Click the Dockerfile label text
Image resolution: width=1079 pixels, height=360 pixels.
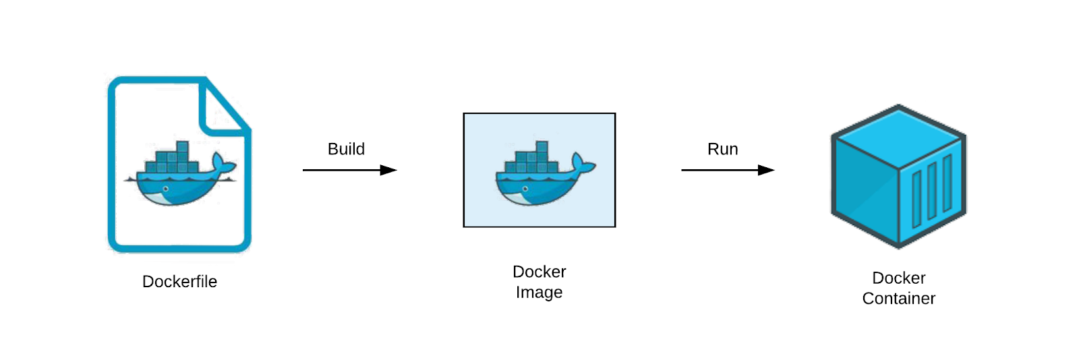pos(179,282)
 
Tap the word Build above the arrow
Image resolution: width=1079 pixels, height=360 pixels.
pos(347,149)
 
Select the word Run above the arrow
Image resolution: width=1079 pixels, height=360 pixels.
pos(722,149)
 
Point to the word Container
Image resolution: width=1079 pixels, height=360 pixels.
pos(899,299)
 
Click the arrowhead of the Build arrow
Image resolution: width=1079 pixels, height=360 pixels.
pos(388,170)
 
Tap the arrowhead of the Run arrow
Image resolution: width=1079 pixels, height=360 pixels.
pos(766,170)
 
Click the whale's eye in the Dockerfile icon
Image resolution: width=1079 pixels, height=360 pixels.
pos(166,189)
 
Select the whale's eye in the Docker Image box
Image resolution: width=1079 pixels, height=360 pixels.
pos(525,189)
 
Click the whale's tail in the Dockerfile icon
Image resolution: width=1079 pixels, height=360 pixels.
pos(223,164)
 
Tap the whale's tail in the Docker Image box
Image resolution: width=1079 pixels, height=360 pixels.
pos(583,164)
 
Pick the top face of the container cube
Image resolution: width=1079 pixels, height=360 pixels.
pos(899,137)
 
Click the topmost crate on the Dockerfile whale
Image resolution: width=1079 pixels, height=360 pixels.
pos(183,147)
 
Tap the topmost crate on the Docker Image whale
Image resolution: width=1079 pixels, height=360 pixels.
pos(542,147)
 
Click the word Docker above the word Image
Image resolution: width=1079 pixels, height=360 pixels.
pos(539,272)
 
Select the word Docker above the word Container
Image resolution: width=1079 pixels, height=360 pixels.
pos(899,278)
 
